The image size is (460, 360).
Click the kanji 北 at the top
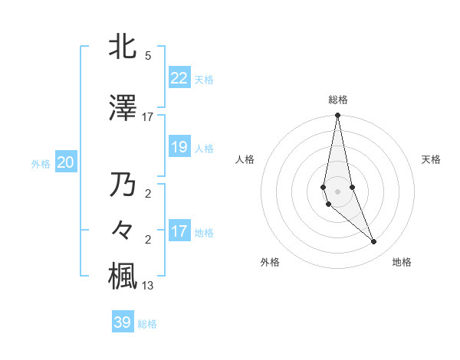[123, 47]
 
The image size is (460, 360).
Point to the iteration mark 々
[123, 231]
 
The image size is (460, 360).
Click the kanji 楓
[123, 277]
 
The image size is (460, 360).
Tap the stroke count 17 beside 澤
[147, 116]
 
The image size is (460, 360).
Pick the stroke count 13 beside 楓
[147, 286]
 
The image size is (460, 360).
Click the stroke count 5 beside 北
[147, 55]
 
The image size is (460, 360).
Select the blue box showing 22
[179, 78]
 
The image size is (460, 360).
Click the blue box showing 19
[179, 147]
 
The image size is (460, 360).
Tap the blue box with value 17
[179, 231]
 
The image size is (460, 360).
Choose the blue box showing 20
[66, 162]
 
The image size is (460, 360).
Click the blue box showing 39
[123, 322]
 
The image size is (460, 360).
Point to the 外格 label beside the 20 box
[40, 163]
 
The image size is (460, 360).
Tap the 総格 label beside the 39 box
[147, 324]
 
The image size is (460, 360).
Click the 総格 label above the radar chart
[337, 100]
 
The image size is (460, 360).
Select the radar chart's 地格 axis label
[402, 262]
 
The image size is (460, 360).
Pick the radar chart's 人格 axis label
[245, 159]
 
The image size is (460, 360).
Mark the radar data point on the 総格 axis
[337, 115]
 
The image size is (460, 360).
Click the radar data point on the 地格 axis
[374, 242]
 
